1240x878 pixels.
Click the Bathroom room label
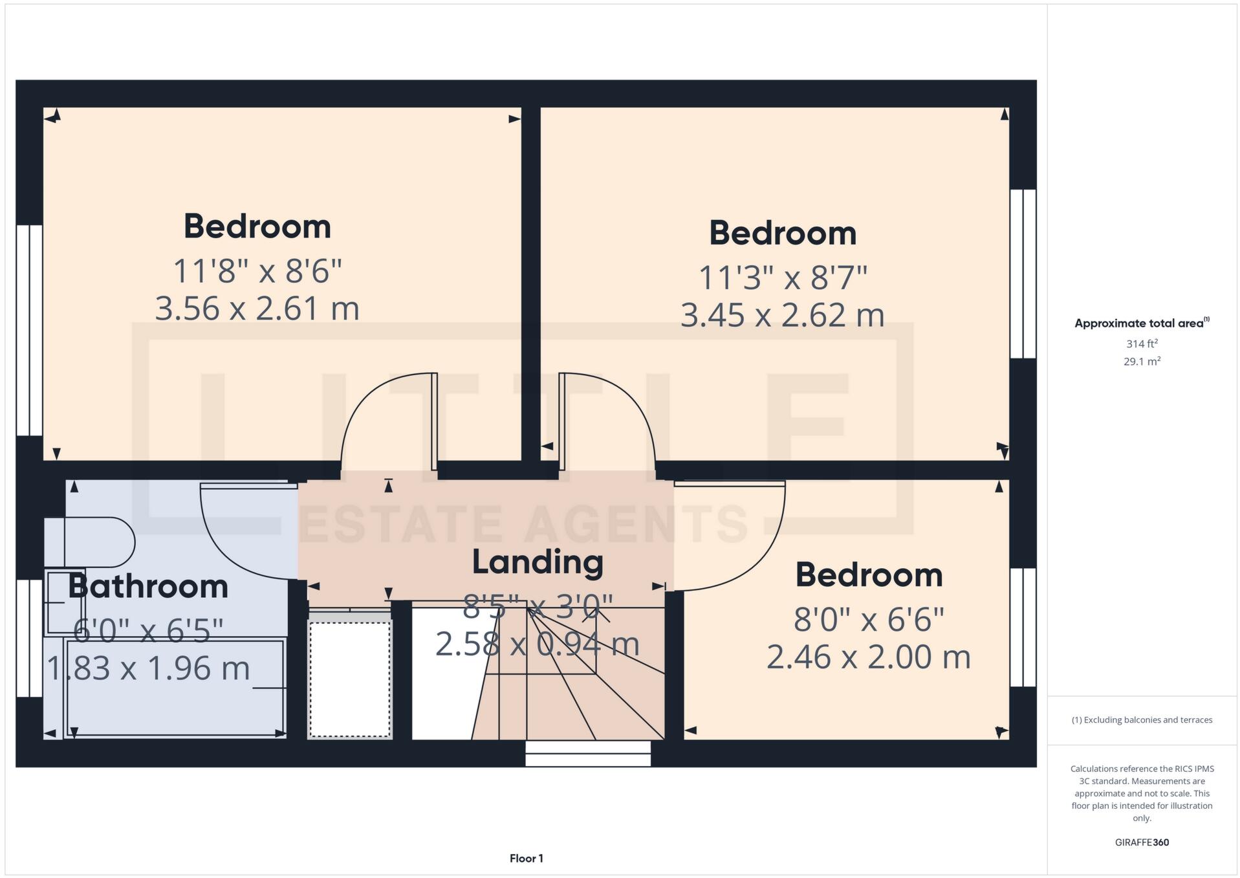tap(148, 586)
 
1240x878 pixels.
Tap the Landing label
tap(537, 562)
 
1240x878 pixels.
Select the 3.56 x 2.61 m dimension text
tap(257, 308)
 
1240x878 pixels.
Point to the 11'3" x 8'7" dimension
tap(782, 278)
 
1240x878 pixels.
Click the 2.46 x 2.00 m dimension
tap(868, 657)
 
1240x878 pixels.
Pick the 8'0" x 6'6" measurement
tap(868, 620)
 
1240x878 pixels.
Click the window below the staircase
tap(587, 753)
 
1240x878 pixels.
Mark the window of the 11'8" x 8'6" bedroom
tap(29, 330)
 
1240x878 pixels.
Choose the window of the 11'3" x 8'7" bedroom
tap(1023, 273)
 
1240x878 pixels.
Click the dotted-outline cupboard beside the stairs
tap(349, 679)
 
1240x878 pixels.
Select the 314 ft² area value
tap(1142, 344)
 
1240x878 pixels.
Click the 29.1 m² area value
tap(1142, 362)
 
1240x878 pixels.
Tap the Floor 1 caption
tap(526, 859)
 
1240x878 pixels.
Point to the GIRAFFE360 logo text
tap(1142, 842)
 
